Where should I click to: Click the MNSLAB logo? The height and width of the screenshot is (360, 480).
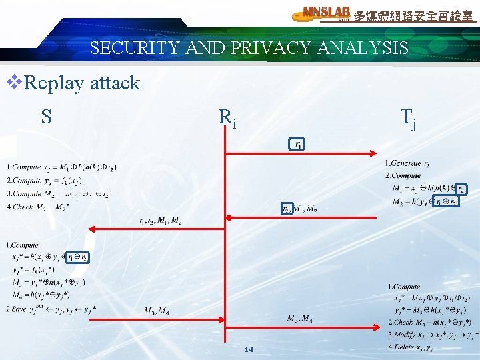(322, 13)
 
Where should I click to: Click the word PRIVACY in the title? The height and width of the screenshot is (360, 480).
(263, 48)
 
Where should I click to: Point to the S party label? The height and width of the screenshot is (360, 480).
(46, 117)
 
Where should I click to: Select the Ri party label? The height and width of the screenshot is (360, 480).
(227, 118)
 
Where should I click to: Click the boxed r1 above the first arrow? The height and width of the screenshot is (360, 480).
(297, 143)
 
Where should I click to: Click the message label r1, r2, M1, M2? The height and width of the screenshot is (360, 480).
(160, 221)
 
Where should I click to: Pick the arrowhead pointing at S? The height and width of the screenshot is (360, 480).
(93, 229)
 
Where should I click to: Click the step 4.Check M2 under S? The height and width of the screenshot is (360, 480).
(37, 207)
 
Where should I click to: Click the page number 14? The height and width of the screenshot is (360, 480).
(249, 349)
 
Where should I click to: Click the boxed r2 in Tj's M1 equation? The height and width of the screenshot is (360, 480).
(459, 189)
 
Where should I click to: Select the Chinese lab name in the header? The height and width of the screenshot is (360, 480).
(413, 15)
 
